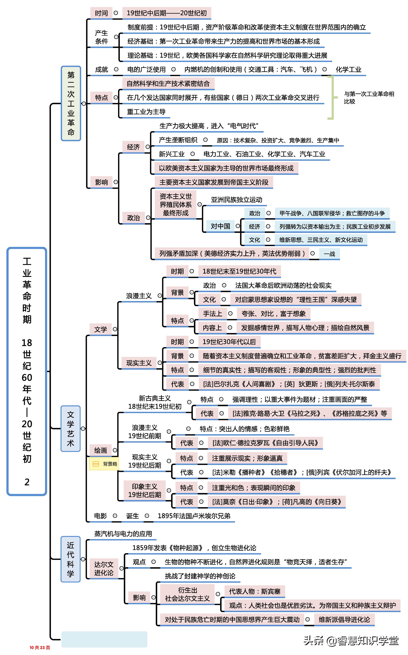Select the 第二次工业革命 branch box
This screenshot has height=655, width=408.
coord(71,104)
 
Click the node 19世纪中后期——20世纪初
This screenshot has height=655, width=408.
coord(166,13)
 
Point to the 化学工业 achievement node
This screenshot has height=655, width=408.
coord(348,70)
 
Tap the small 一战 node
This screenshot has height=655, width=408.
coord(329,254)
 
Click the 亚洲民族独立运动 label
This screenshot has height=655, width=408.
coord(236,200)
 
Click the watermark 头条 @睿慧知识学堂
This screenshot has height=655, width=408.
coord(351,641)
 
